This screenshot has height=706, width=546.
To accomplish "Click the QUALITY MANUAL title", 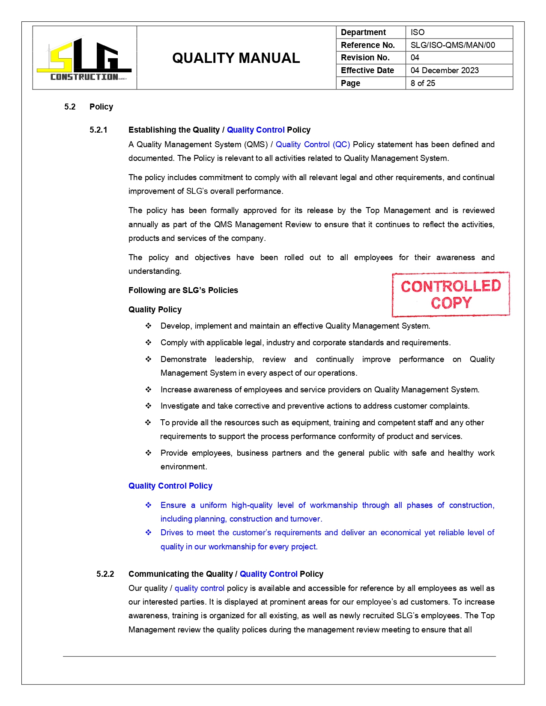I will point(236,58).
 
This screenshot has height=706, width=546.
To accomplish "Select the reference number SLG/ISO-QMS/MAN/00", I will point(452,45).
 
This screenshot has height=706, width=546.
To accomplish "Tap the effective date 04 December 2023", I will point(445,70).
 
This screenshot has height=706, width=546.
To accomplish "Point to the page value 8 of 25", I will point(423,83).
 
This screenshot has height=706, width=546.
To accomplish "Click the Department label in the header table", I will point(363,33).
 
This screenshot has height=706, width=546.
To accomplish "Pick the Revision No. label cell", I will point(365,58).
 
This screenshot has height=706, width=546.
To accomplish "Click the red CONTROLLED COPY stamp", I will point(451,294).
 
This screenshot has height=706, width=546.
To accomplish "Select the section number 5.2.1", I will point(98,130).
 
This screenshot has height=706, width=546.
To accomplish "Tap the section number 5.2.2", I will point(105,574).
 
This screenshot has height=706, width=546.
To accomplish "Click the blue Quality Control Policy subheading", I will point(170,486).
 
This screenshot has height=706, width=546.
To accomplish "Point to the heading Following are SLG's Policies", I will point(183,291).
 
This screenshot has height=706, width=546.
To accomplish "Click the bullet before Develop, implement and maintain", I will point(148,326).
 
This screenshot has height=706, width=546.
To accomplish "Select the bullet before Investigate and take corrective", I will point(148,406).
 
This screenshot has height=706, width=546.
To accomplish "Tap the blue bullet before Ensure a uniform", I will point(148,505).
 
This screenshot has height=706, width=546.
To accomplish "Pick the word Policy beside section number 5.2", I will point(101,107).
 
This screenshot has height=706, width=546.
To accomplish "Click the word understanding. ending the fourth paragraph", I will point(155,271).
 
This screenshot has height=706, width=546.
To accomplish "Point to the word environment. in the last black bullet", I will point(184,467).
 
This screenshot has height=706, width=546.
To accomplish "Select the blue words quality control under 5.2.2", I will point(199,588).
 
